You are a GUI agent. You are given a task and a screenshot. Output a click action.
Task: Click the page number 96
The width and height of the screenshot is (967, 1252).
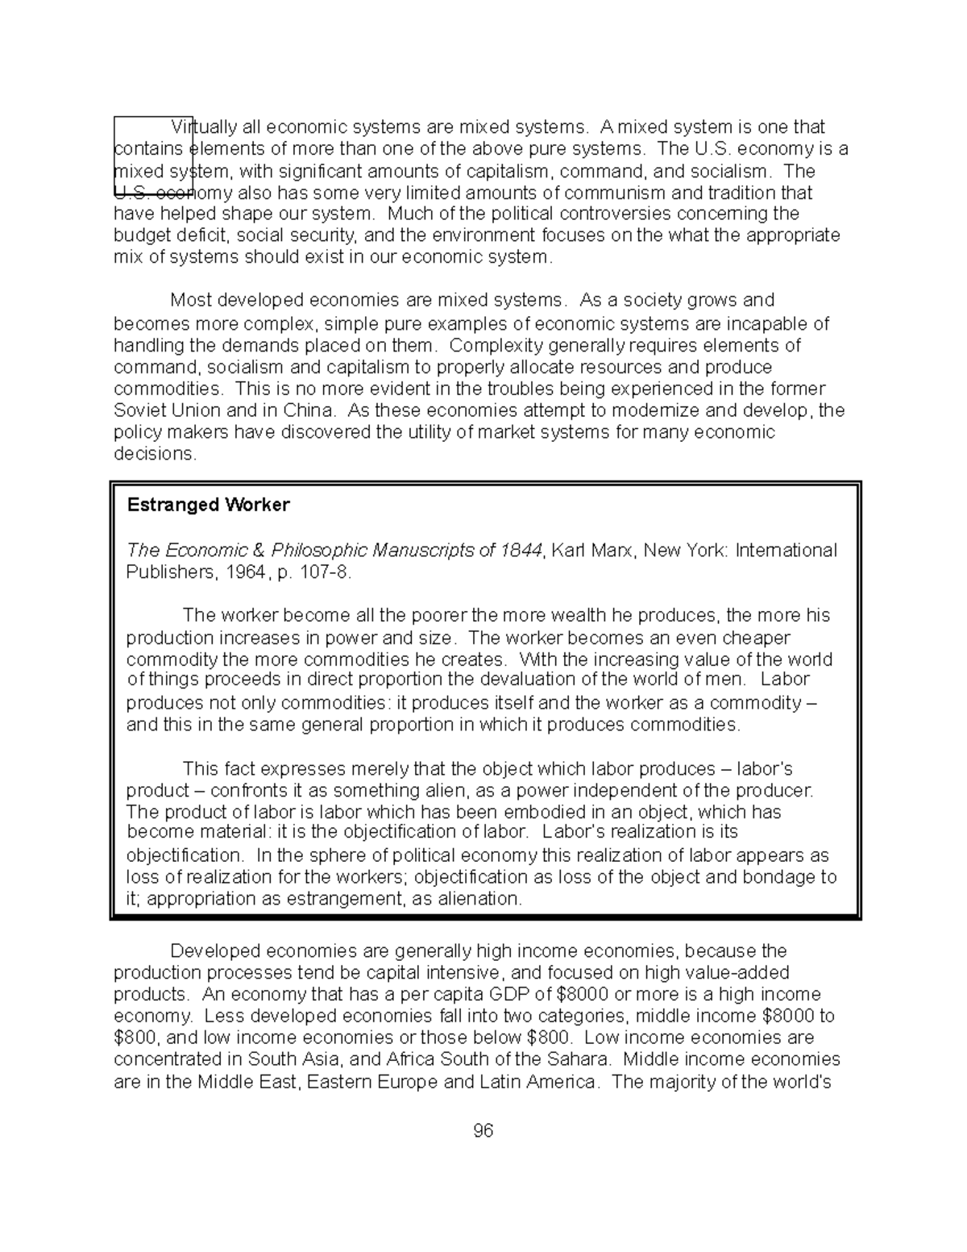click(x=483, y=1130)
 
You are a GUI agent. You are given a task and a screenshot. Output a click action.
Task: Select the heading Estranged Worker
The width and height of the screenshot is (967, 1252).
click(x=208, y=505)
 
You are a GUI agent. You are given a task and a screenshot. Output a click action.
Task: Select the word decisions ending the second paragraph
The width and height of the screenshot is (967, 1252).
click(x=154, y=454)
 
